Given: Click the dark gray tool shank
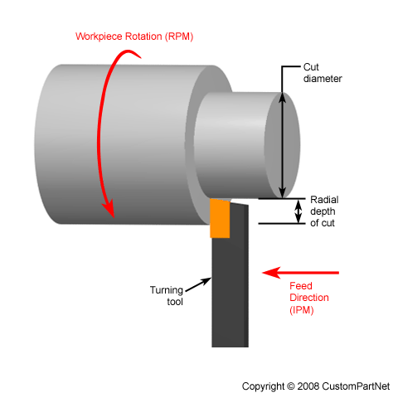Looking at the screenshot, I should coord(231,282).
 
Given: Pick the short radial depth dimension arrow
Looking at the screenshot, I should coord(300,211).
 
